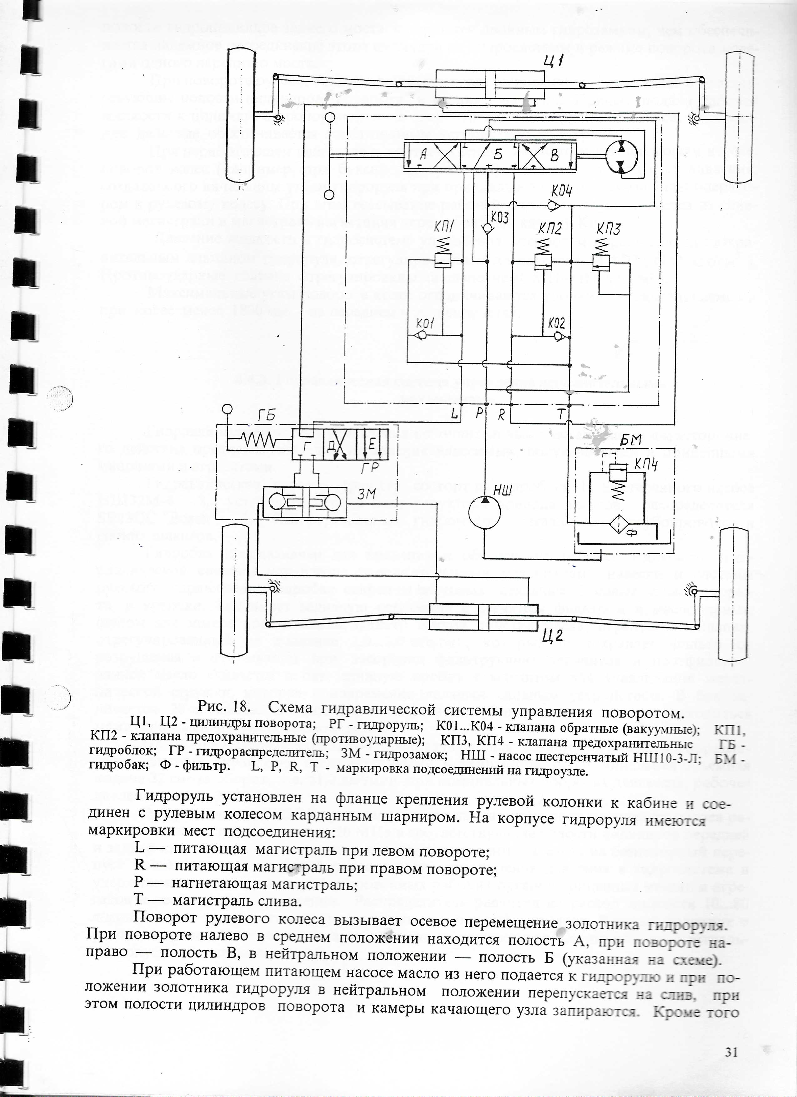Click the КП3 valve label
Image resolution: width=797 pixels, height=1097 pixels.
tap(608, 227)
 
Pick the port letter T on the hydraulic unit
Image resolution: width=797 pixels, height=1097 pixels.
tap(561, 414)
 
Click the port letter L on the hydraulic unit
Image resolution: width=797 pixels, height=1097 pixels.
tap(454, 414)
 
